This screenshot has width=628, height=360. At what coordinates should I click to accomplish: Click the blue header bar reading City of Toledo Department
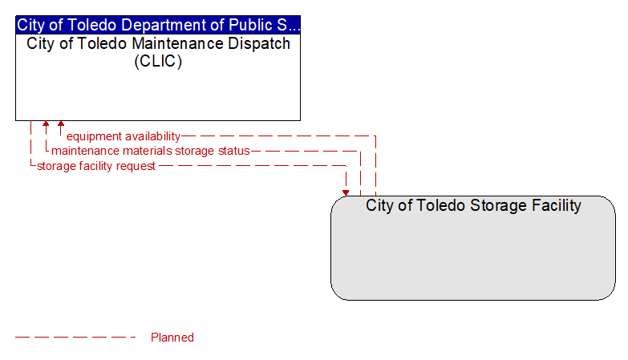pos(158,25)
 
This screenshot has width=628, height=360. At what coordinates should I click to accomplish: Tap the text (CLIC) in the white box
pos(158,61)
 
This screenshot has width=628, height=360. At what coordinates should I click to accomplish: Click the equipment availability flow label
pos(124,136)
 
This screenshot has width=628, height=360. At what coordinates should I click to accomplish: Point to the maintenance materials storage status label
pos(151,151)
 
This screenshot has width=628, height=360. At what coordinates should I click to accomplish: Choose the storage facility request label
pos(96,166)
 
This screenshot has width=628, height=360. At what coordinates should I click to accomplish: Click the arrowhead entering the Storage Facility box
pos(346,193)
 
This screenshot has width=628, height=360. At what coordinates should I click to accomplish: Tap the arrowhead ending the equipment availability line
pos(61,123)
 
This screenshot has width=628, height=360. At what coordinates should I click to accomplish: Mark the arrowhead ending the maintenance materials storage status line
pos(46,123)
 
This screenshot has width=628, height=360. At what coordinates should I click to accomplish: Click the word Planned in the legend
pos(172,338)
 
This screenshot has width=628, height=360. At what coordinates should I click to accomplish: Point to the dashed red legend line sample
pos(75,338)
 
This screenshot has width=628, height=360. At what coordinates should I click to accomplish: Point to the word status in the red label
pos(234,151)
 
